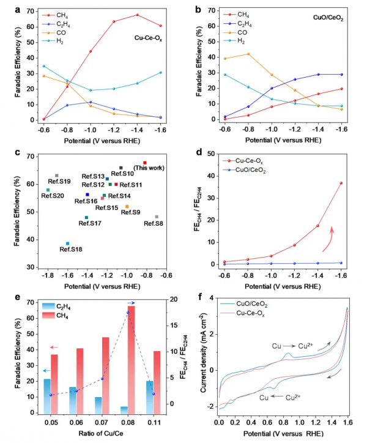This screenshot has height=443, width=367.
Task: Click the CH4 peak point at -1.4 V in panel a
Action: point(137,15)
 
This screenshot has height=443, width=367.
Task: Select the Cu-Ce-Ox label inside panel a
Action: point(148,37)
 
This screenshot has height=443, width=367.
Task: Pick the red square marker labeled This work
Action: point(145,163)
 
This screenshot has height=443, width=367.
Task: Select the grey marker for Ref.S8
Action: point(157,217)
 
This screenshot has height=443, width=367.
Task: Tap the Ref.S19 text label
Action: point(59,182)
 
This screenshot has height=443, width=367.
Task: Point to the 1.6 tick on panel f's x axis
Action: point(347,423)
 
